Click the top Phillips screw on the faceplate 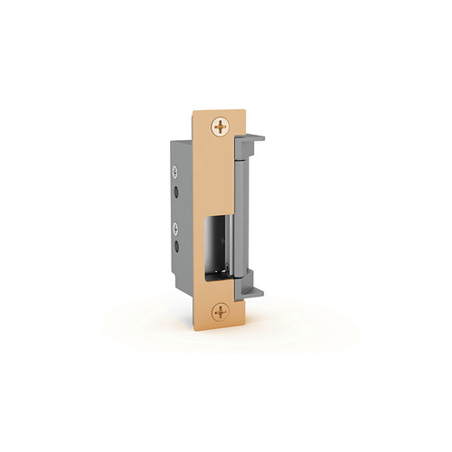[x=220, y=126]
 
